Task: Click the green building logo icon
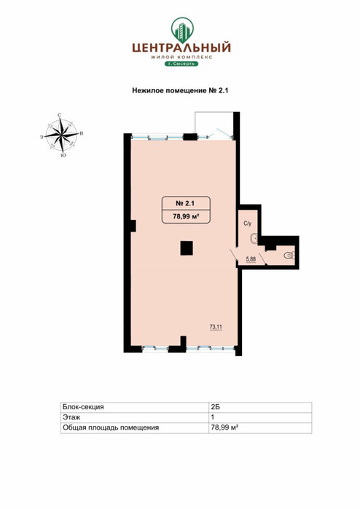182,30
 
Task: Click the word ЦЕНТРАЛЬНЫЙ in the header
181,48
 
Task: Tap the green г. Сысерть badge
181,63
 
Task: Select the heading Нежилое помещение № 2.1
180,90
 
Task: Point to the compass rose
62,135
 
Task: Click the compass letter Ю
63,156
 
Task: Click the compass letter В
82,133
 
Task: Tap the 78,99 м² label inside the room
186,216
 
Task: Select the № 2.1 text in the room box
185,204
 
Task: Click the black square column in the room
187,248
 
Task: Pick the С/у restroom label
248,224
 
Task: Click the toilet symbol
289,255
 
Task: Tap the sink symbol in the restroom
254,240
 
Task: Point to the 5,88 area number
251,259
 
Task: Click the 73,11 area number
216,327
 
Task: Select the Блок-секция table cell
135,407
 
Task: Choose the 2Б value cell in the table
260,407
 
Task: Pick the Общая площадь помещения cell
135,428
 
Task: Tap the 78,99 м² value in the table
225,427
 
